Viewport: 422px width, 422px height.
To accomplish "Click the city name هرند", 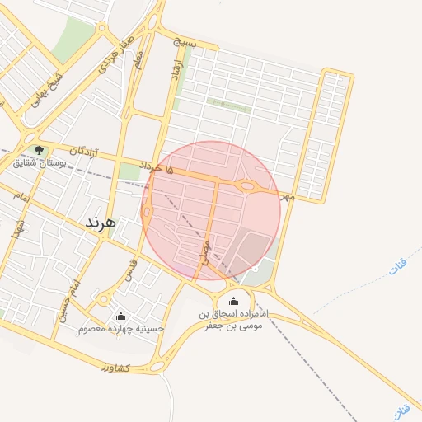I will [x=101, y=223].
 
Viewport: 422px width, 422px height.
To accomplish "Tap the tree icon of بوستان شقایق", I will [x=39, y=150].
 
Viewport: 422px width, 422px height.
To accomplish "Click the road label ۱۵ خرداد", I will [x=157, y=167].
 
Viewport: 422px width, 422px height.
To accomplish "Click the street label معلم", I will [x=138, y=59].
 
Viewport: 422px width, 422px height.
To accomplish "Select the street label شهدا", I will [x=16, y=228].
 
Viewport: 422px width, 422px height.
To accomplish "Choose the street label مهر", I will [x=287, y=197].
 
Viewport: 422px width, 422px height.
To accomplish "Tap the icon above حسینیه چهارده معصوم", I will [x=121, y=316].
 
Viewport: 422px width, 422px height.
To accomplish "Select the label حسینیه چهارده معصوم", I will [x=121, y=329].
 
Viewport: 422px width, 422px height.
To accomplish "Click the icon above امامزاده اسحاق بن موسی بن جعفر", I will [x=234, y=302].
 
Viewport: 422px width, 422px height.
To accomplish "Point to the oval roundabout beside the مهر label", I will [x=247, y=186].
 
